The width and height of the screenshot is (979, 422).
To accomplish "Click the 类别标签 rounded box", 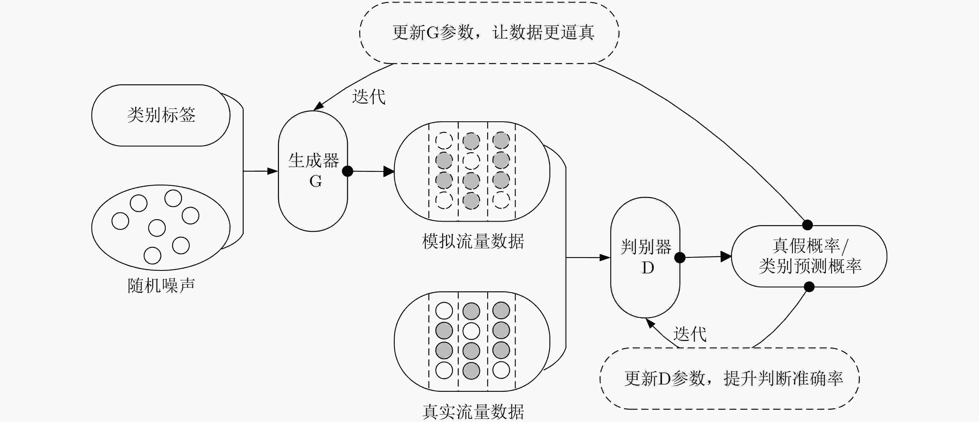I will [x=161, y=115].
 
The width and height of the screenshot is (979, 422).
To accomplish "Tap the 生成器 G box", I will [x=313, y=171].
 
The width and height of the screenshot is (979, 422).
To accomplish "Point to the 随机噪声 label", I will [x=161, y=286].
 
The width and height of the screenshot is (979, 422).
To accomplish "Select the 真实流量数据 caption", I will [x=473, y=412].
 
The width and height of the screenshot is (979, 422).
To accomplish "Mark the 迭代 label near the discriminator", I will [x=690, y=334].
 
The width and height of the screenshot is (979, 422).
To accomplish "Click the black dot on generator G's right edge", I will [x=347, y=171].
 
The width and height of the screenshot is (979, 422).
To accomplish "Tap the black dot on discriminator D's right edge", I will [x=680, y=258].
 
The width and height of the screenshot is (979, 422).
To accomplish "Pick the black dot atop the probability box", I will [x=807, y=225].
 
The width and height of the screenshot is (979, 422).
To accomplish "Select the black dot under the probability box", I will [x=809, y=287].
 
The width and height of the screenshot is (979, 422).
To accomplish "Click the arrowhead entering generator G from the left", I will [x=273, y=171].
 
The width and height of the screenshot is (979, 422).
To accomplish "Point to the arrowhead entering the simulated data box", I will [x=389, y=171].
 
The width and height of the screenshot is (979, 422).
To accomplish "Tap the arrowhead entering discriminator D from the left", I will [x=605, y=258].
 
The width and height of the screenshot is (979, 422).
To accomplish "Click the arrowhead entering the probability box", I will [x=726, y=256].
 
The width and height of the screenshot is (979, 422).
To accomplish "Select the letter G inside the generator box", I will [x=315, y=181].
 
